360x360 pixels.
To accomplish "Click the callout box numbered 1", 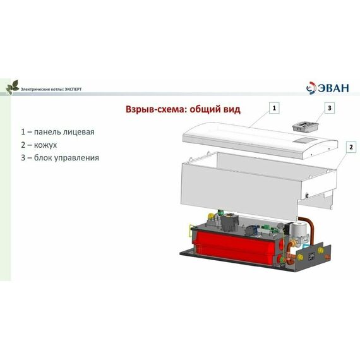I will tap(274, 108).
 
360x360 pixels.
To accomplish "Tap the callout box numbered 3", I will tap(329, 108).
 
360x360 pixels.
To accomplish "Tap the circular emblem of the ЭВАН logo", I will tap(311, 88).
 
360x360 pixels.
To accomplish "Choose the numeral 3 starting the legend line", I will tap(23, 157).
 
